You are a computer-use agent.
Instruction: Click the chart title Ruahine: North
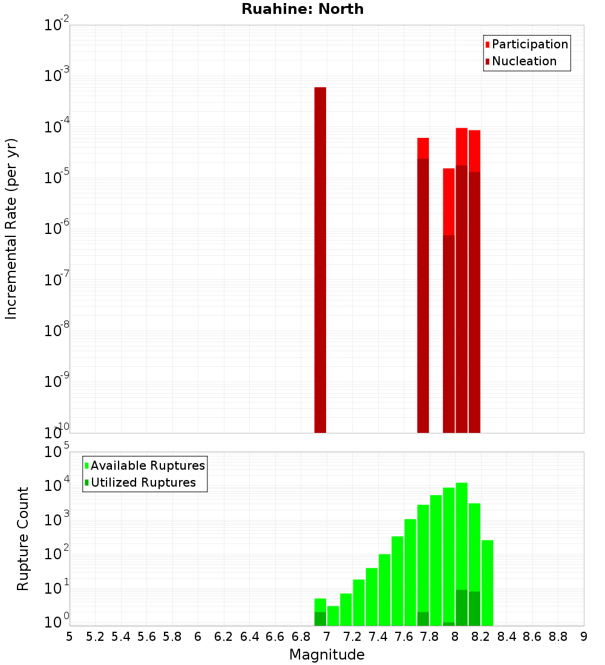[x=302, y=9]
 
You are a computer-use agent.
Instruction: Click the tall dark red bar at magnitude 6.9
[x=320, y=260]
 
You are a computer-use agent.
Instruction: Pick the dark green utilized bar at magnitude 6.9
[x=320, y=618]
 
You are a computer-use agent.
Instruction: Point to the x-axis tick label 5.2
[x=95, y=637]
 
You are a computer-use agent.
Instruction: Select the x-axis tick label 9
[x=584, y=637]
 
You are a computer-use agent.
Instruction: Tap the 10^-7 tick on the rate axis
[x=57, y=280]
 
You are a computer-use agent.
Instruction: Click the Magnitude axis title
[x=327, y=655]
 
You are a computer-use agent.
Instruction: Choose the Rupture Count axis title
[x=23, y=539]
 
